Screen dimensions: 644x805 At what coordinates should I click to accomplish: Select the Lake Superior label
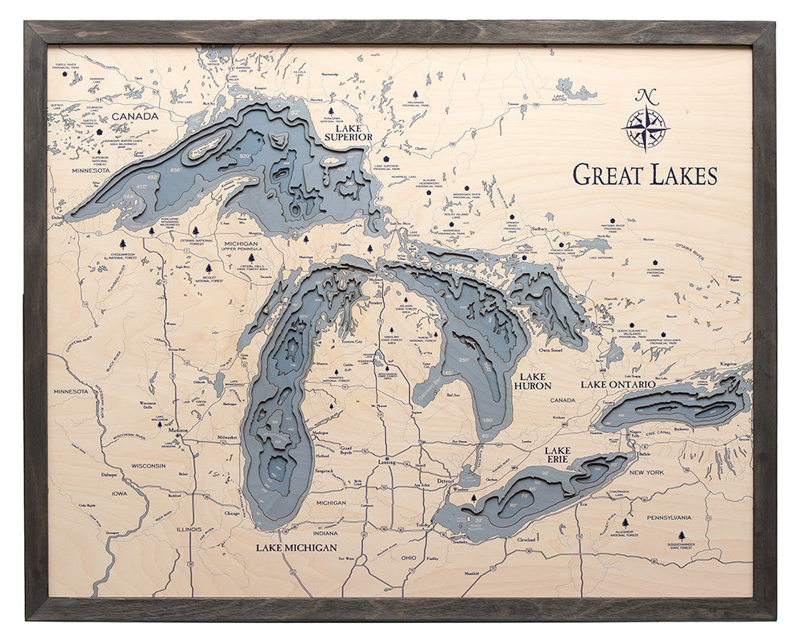click(x=348, y=132)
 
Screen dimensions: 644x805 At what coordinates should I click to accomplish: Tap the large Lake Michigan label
click(x=296, y=547)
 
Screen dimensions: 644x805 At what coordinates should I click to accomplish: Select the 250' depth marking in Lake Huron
click(x=464, y=359)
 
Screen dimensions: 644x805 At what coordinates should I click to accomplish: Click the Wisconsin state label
click(x=148, y=465)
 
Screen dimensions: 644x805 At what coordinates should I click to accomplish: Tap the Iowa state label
click(x=119, y=493)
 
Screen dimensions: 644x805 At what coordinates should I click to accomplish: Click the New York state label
click(x=646, y=473)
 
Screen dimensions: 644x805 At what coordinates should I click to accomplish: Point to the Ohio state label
click(x=408, y=557)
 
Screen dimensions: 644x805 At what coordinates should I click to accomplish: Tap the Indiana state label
click(x=326, y=533)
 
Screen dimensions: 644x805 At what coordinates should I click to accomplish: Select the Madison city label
click(x=176, y=430)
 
